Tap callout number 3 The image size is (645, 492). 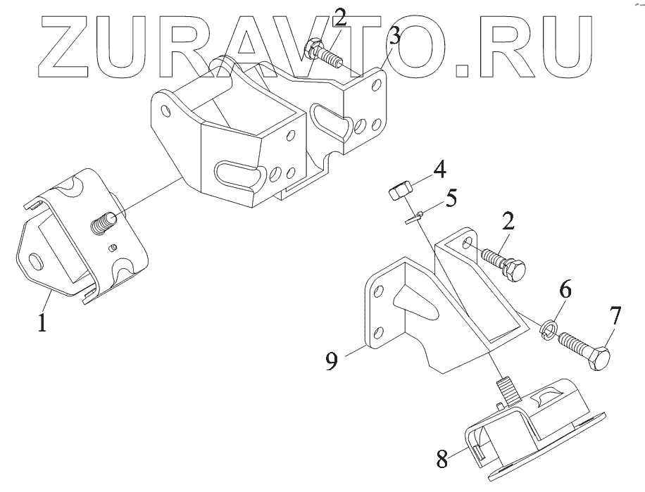pyautogui.click(x=394, y=37)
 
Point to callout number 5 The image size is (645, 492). pyautogui.click(x=451, y=196)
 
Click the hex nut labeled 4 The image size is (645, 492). pyautogui.click(x=398, y=191)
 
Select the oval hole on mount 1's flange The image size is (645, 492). pyautogui.click(x=34, y=263)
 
